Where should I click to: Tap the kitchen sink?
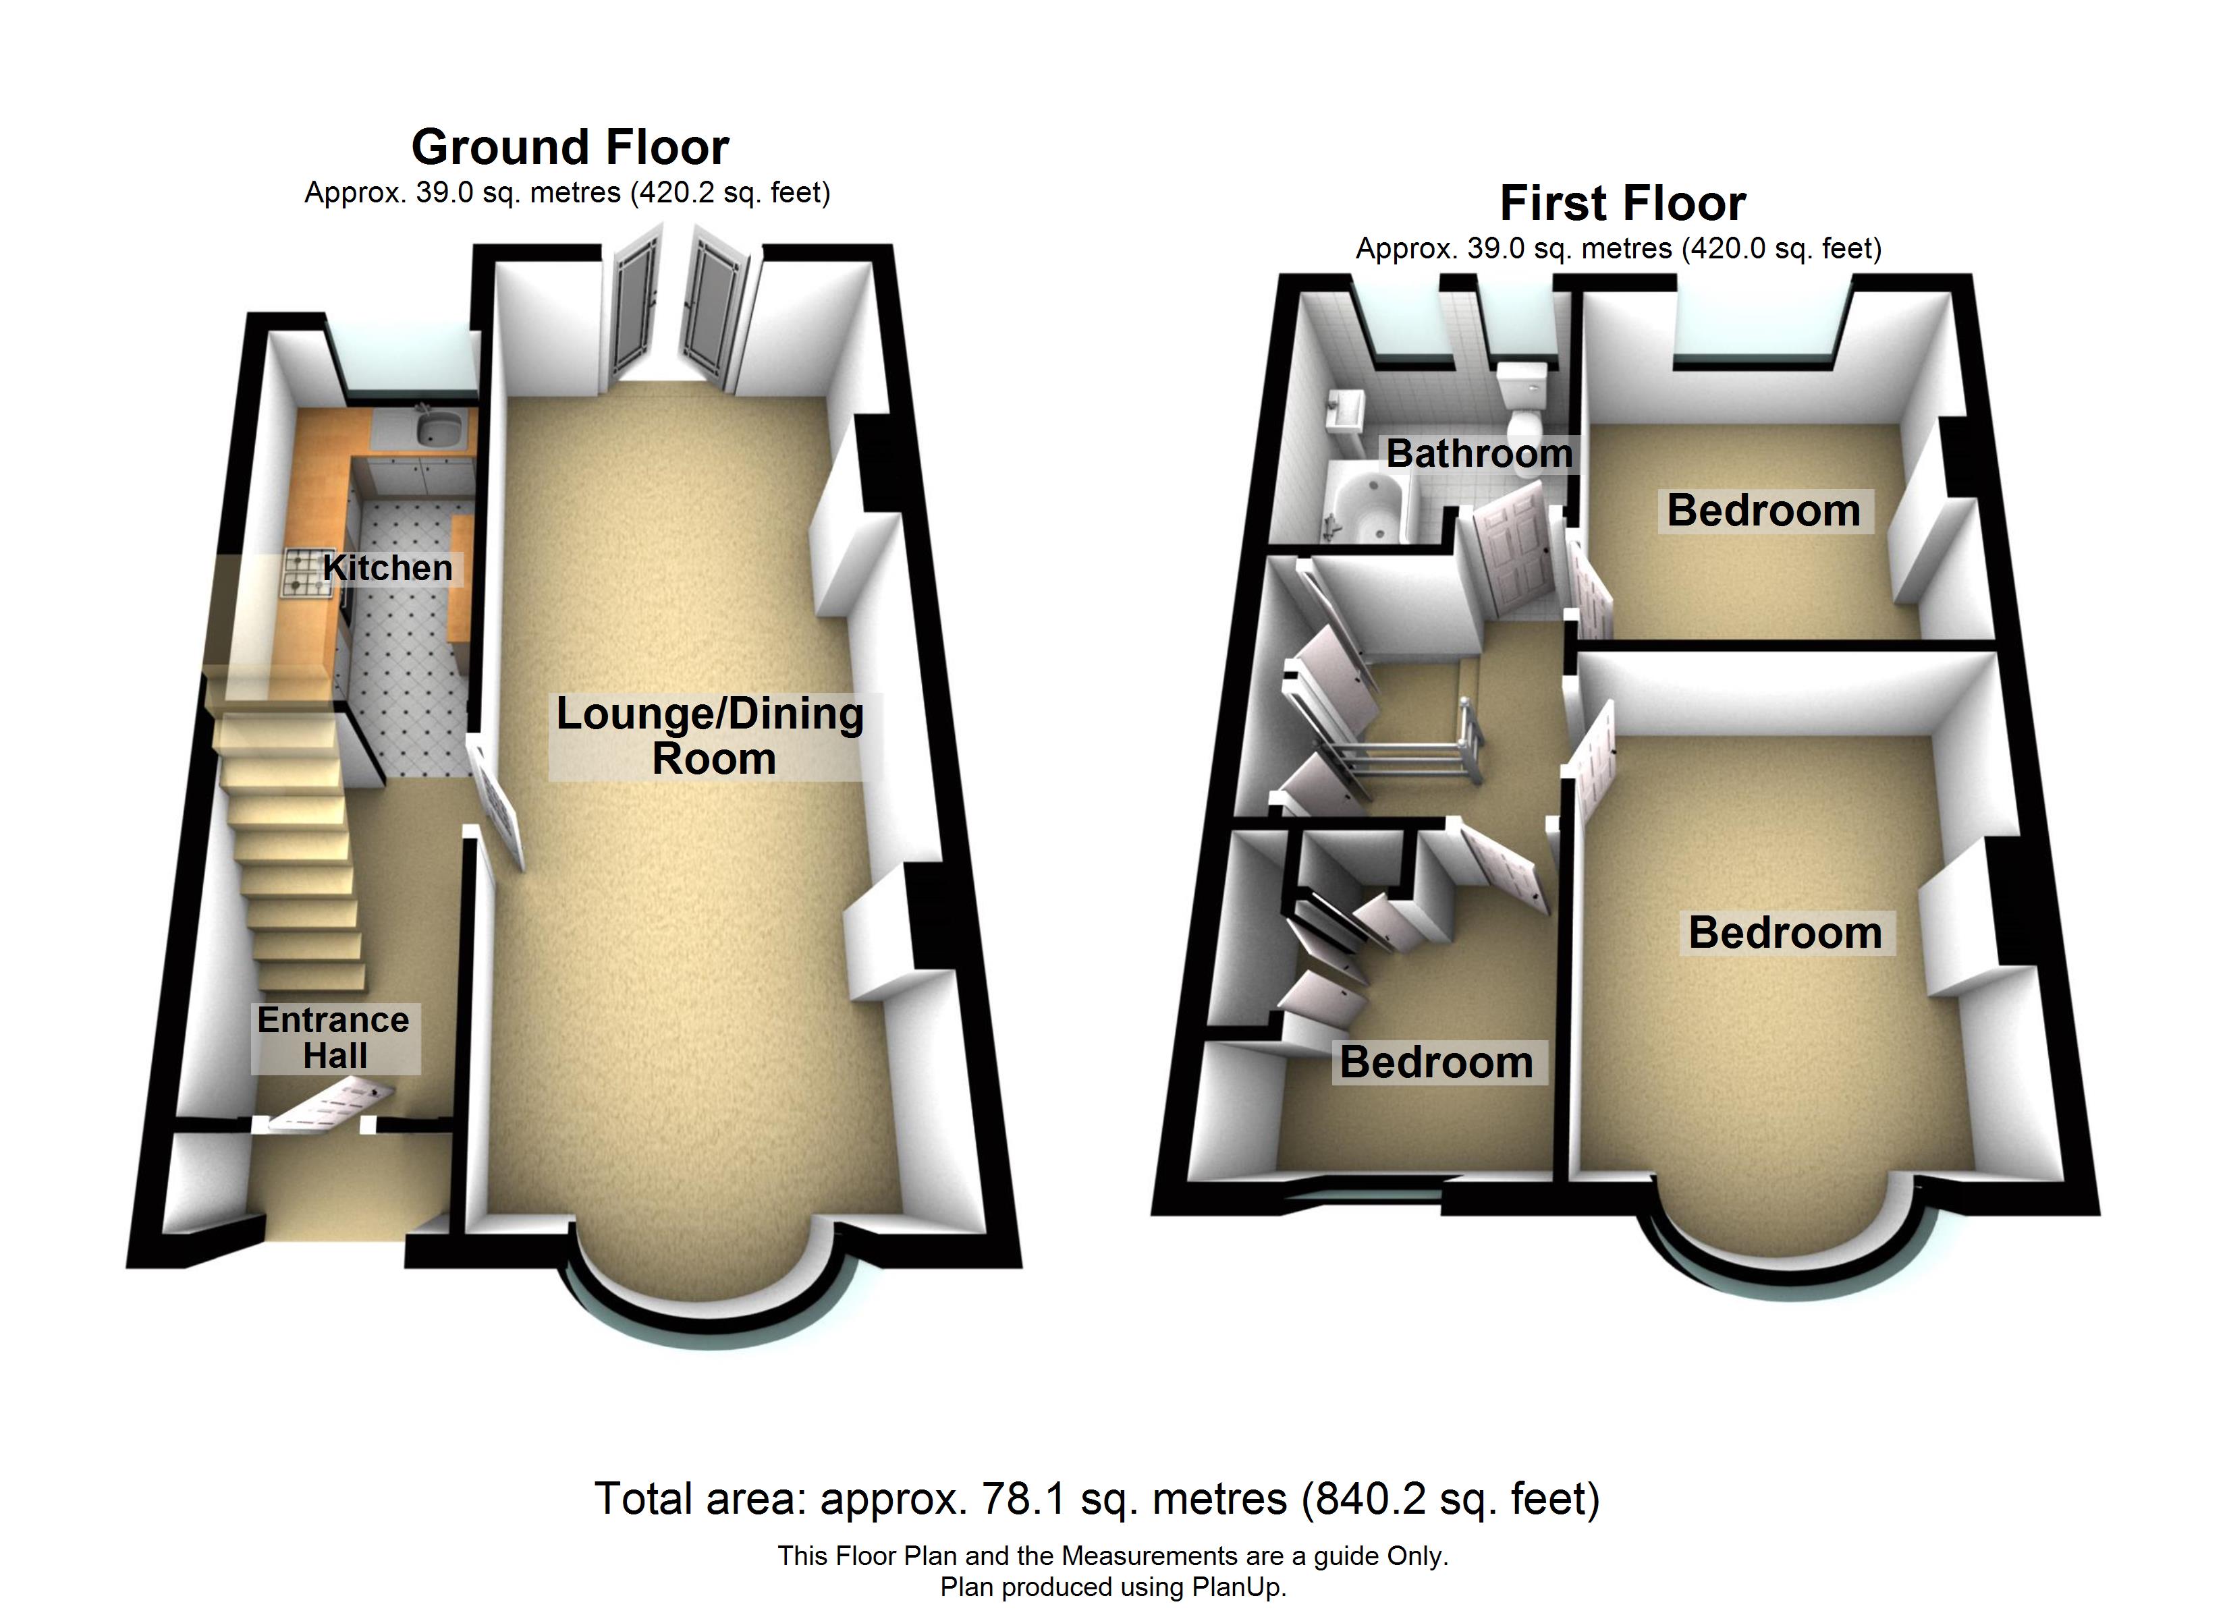[438, 428]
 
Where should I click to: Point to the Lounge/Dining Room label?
[711, 735]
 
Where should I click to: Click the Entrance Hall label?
[334, 1038]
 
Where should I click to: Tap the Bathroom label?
[1479, 453]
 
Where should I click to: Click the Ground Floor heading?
[570, 147]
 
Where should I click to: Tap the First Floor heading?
[1622, 204]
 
